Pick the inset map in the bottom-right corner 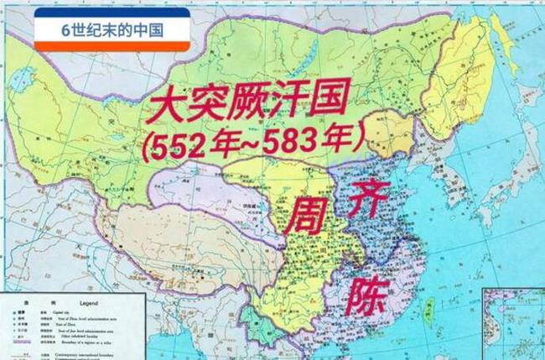tap(514, 324)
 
